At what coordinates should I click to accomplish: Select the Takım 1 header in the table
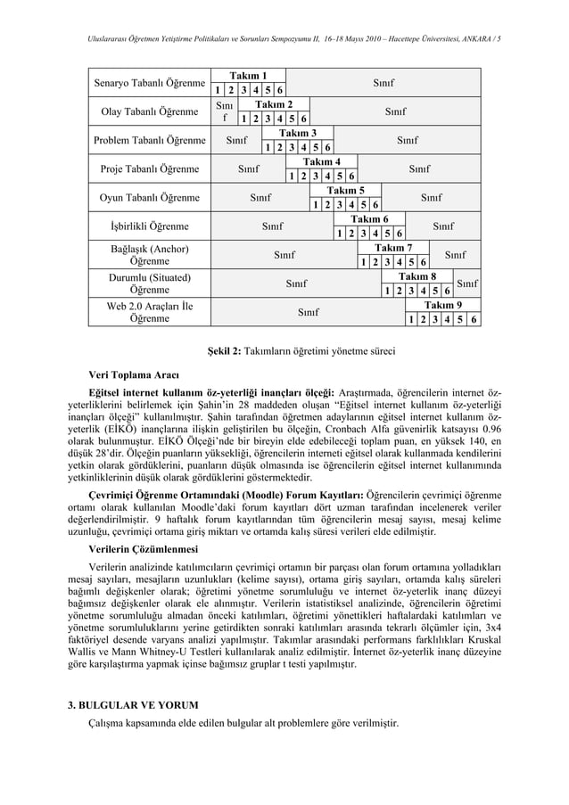[248, 76]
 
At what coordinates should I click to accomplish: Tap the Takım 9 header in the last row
[442, 305]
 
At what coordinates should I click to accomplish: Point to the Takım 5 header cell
[345, 191]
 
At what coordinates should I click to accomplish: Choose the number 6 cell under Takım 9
[474, 319]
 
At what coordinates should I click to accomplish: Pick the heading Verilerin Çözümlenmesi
[143, 548]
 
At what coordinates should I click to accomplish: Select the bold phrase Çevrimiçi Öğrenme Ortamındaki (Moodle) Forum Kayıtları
[226, 493]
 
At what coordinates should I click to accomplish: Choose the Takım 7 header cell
[393, 248]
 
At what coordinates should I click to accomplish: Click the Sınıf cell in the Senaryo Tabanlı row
[383, 83]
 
